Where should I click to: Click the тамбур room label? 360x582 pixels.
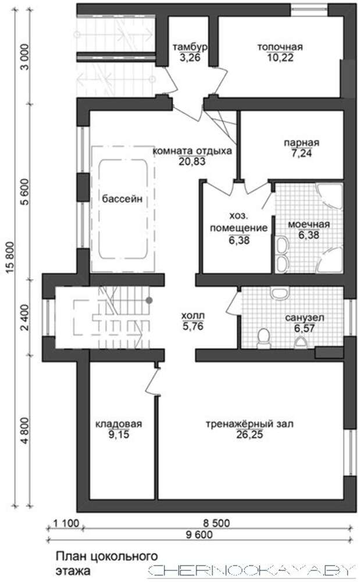[190, 47]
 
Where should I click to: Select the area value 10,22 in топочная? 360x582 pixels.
[280, 58]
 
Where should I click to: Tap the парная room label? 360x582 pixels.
[301, 143]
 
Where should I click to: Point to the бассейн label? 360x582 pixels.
[122, 198]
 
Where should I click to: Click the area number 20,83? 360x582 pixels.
[192, 162]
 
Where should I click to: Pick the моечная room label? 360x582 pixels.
[309, 225]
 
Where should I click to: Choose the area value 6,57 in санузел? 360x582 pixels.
[304, 328]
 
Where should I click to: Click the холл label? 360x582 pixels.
[193, 316]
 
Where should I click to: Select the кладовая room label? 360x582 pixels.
[119, 424]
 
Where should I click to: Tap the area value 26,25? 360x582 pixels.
[249, 435]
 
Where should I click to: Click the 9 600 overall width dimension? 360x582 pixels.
[199, 535]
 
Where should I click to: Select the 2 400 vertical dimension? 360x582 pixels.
[25, 318]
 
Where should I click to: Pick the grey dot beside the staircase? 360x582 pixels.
[149, 300]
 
